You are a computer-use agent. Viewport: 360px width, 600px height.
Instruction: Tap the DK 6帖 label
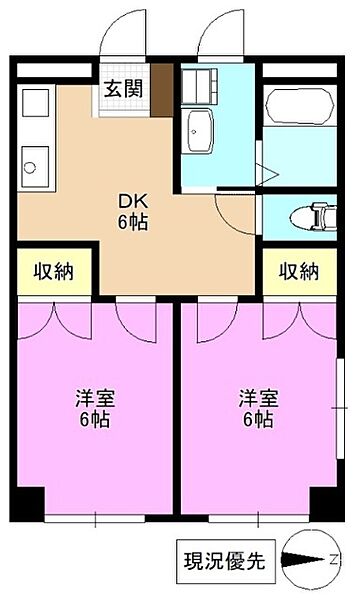(x=130, y=210)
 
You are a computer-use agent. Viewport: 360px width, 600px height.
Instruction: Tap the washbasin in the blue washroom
(x=200, y=130)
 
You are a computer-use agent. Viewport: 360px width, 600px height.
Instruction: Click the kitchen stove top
(x=36, y=105)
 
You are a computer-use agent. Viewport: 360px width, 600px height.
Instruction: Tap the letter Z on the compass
(x=337, y=561)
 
